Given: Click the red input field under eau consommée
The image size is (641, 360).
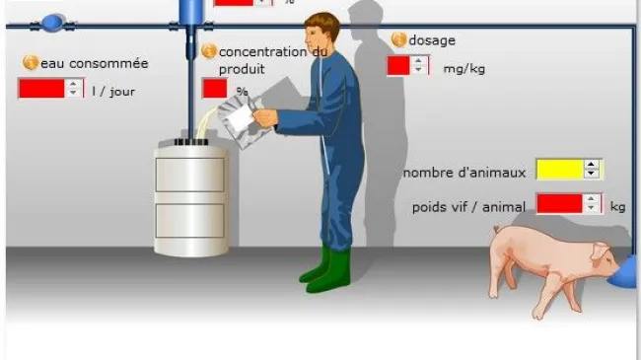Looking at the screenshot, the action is [x=41, y=89].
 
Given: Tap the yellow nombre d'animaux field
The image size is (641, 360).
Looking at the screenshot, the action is [x=559, y=170].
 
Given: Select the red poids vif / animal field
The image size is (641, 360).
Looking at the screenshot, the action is [x=559, y=204].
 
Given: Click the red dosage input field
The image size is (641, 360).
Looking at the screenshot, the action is [x=398, y=66].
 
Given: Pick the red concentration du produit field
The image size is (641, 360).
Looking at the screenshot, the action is [x=215, y=89].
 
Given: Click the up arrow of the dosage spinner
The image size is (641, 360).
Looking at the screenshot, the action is [x=418, y=61].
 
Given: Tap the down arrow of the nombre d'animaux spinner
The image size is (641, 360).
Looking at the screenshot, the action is [x=591, y=174].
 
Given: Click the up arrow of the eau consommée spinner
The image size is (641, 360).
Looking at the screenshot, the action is [x=73, y=84].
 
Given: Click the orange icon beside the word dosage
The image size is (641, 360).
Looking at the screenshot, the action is [x=398, y=39].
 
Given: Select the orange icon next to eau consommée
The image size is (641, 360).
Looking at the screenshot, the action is [x=31, y=62].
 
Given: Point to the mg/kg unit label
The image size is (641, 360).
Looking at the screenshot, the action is [x=464, y=69].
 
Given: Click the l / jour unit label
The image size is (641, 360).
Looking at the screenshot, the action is [x=113, y=91].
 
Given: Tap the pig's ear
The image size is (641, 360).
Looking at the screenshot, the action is [x=600, y=251].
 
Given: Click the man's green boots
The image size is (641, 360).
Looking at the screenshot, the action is [x=325, y=270].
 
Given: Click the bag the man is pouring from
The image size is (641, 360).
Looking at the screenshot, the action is [x=240, y=119].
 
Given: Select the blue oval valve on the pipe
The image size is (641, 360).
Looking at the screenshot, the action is [x=53, y=24].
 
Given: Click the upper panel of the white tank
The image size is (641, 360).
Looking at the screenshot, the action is [x=190, y=176].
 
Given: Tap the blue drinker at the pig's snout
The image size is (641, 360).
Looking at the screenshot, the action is [x=624, y=271].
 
